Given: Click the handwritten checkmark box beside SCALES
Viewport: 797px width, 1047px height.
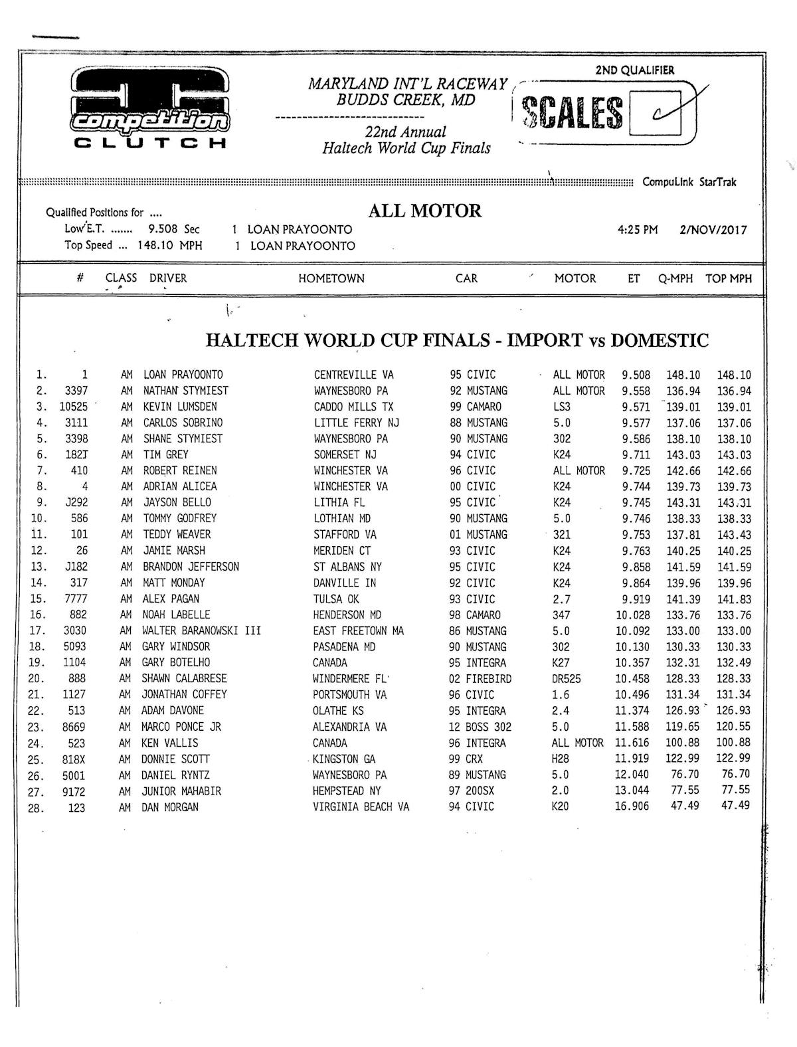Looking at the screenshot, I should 655,112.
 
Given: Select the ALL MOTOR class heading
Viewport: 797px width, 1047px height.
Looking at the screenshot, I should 424,211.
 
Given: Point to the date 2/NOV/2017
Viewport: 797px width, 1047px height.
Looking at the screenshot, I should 713,231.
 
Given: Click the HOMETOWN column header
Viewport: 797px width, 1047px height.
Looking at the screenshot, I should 331,279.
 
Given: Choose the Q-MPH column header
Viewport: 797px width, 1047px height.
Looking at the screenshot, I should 675,279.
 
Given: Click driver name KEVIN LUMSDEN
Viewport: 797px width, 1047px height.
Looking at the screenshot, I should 180,407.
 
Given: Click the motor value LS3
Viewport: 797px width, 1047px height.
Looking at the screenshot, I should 561,407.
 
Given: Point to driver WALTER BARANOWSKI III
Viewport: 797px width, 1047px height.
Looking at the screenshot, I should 201,631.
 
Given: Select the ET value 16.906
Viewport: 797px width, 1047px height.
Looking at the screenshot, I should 632,807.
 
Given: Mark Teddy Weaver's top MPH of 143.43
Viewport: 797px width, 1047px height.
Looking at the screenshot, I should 734,535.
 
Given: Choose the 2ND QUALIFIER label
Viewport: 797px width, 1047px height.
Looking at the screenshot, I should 634,70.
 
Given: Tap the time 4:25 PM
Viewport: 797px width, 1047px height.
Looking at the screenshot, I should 637,231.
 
